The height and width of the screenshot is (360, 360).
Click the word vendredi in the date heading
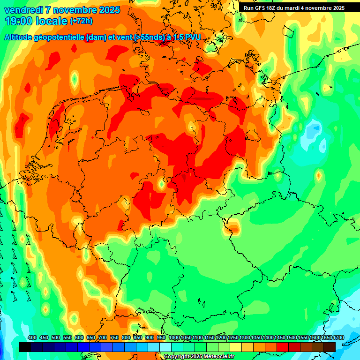[23, 10]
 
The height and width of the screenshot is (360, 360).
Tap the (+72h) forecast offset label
[81, 21]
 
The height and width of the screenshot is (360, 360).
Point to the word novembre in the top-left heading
[75, 10]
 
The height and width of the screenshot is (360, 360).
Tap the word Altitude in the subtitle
[20, 37]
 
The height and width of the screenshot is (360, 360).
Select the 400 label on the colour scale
[32, 338]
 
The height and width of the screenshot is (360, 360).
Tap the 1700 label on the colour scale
[330, 338]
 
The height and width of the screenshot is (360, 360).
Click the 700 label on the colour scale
[103, 338]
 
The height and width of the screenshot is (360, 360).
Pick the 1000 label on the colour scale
[174, 338]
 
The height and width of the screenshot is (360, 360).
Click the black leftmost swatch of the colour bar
[25, 347]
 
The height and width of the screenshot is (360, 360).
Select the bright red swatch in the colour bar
[283, 347]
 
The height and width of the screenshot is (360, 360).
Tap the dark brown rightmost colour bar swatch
[330, 347]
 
